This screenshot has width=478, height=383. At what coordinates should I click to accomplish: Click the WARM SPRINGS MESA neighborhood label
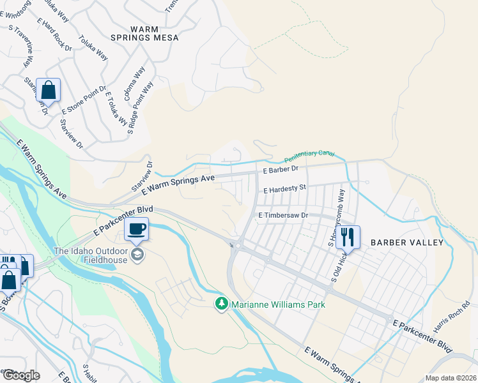(154, 33)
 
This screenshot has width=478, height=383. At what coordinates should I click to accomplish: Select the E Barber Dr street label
(281, 169)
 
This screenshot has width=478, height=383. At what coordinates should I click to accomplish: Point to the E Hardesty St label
(285, 189)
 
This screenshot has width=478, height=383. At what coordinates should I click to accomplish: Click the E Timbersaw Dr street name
(283, 216)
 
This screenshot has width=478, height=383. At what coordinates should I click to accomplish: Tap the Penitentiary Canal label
(309, 155)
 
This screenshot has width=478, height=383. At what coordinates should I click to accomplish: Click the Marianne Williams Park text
(278, 304)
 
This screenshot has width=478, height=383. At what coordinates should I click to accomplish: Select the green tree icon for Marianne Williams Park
(222, 304)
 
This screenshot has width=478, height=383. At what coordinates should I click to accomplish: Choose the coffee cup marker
(137, 229)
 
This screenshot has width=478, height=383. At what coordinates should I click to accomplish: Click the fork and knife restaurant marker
(347, 237)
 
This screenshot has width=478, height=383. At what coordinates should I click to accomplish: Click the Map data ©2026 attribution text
(450, 378)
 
